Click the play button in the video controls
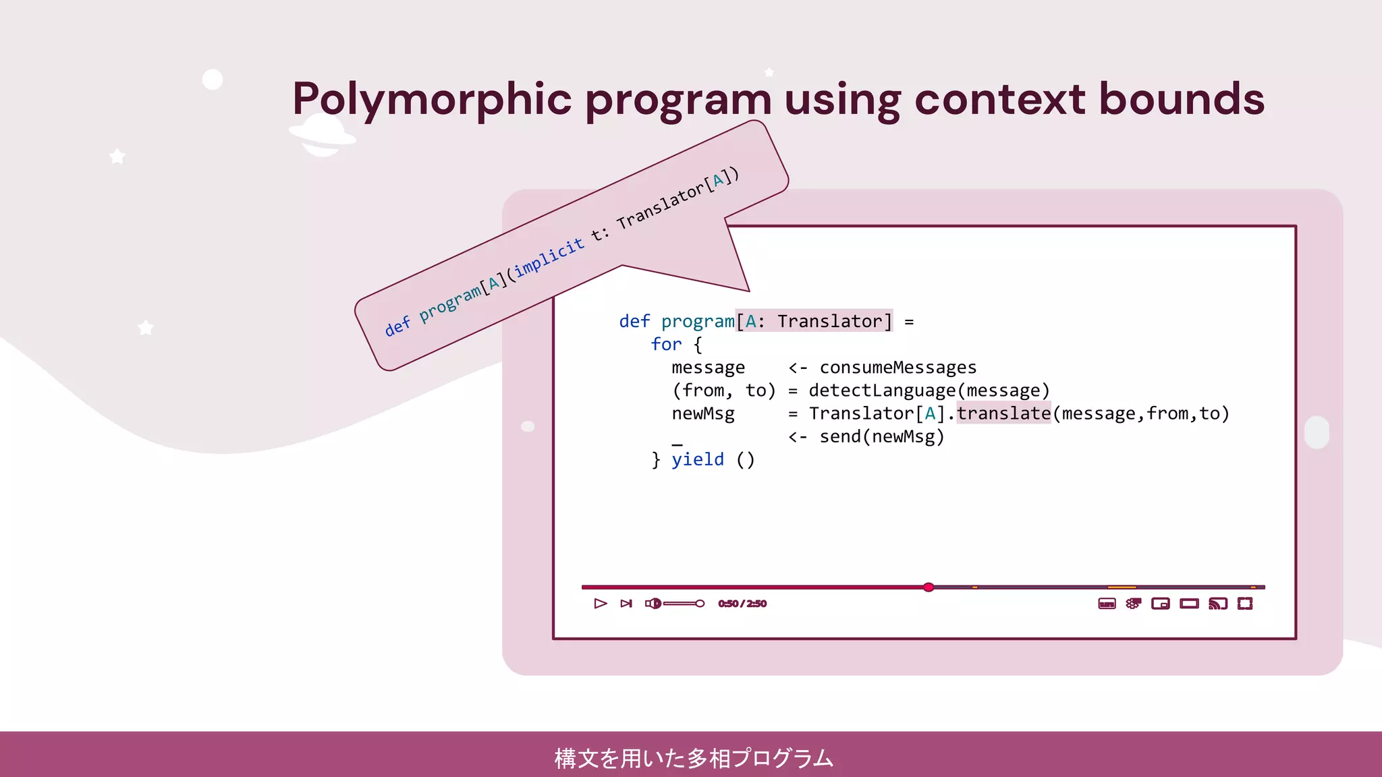pos(600,604)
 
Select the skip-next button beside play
pos(626,604)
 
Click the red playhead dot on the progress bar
pos(929,587)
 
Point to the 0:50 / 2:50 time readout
pos(742,604)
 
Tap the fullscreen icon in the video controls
pos(1245,604)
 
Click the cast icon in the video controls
pos(1217,604)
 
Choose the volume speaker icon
pos(653,604)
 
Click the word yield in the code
pos(697,459)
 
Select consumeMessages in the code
pos(897,368)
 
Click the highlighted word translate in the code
pos(1003,413)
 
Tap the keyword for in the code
pos(666,345)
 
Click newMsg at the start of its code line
pos(702,413)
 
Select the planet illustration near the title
pos(322,135)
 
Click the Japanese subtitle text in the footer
pos(694,758)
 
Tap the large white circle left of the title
pos(213,80)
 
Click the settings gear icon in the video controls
pos(1133,604)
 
